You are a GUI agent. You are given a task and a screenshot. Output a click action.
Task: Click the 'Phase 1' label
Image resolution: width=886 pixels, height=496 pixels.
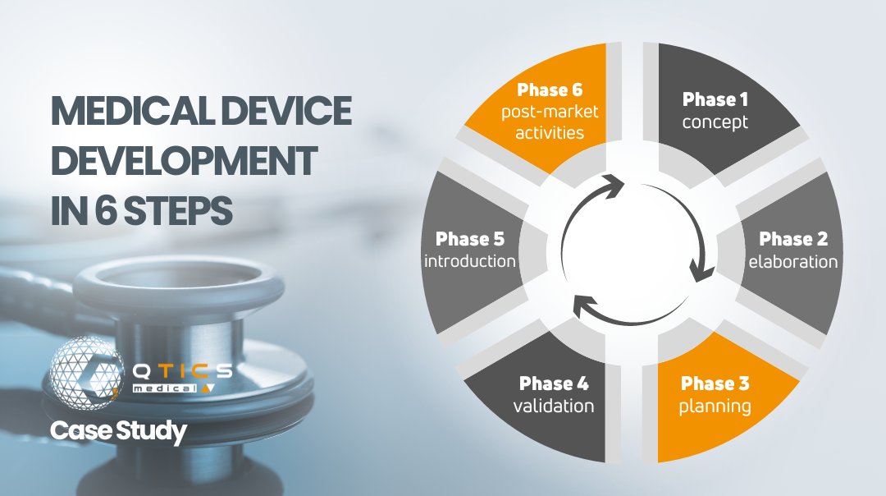coord(715,100)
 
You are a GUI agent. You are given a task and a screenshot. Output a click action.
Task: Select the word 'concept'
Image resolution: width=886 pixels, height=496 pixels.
coord(715,122)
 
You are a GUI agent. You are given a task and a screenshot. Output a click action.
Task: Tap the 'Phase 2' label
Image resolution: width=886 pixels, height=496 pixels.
coord(793,239)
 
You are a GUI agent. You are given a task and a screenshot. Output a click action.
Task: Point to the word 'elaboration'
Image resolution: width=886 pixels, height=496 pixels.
coord(793,262)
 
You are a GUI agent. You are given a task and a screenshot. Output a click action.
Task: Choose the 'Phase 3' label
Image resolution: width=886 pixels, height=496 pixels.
coord(715,383)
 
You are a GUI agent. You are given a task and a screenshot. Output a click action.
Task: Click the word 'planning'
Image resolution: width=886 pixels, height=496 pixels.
coord(715,406)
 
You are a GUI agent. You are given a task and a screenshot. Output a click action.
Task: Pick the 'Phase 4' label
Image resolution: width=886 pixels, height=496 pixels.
coord(554,383)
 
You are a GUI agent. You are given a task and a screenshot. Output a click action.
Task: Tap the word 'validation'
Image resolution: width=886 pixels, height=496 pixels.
coord(554,406)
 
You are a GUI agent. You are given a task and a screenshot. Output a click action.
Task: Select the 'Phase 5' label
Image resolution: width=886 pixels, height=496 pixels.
coord(470,239)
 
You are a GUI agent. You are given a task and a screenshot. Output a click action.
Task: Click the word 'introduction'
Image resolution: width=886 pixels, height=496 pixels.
coord(470,262)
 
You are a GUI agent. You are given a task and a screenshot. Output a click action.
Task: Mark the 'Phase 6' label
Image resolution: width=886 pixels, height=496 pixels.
coord(550,90)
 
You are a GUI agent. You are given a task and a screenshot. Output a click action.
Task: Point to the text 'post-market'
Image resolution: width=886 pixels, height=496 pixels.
coord(550,111)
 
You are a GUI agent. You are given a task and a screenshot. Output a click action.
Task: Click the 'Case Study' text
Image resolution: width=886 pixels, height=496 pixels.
coord(118,431)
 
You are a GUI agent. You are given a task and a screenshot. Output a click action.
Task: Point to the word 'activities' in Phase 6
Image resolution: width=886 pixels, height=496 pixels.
coord(550,132)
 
